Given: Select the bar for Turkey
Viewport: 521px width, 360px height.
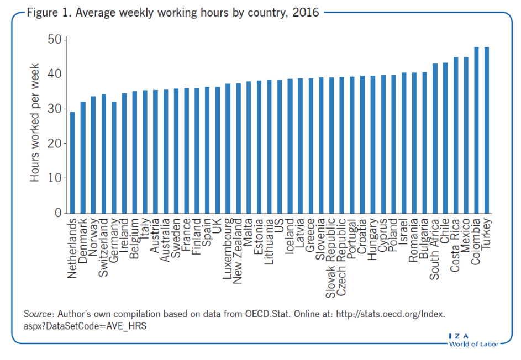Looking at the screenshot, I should (x=487, y=130).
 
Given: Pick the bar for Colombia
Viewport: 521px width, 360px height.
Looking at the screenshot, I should (x=476, y=130).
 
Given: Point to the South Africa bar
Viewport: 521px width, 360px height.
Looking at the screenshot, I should (x=435, y=138).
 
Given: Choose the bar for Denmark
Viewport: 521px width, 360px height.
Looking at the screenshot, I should (x=83, y=157).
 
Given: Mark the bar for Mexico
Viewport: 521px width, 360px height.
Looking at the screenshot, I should (x=466, y=135).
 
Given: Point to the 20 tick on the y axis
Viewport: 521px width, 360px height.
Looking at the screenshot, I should (x=55, y=144).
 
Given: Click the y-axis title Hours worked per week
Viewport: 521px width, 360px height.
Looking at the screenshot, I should (x=35, y=126).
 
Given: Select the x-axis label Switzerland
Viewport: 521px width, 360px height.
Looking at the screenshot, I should (x=103, y=248).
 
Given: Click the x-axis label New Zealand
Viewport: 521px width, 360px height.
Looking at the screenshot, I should (x=238, y=251).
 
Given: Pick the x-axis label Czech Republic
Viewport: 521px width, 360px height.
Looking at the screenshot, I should (x=341, y=255).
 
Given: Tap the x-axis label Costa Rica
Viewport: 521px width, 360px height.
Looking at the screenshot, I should (x=456, y=245).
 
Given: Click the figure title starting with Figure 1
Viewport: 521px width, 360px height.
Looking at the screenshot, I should (x=173, y=12).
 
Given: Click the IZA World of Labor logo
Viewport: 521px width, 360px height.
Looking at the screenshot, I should (x=473, y=340).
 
